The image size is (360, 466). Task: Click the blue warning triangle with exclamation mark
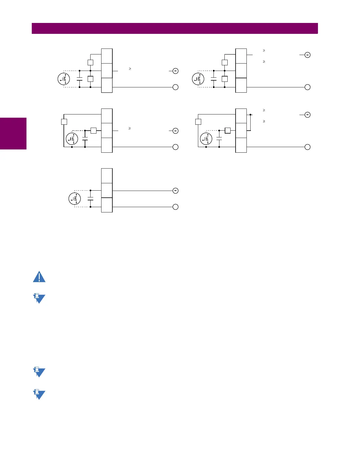point(39,277)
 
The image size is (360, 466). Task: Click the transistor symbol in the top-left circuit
point(64,79)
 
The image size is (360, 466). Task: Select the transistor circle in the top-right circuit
point(198,79)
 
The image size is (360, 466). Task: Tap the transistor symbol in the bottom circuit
point(75,199)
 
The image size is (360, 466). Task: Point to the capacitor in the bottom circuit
point(90,199)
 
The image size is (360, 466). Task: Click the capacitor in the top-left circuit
point(79,79)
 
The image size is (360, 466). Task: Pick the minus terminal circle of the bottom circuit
point(175,191)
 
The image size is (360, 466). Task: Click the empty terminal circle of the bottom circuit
point(175,207)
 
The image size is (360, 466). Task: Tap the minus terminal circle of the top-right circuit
point(307,55)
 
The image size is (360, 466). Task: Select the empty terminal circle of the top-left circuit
point(175,87)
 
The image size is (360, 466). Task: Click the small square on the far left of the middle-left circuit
point(64,122)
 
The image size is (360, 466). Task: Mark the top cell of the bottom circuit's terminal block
point(107,176)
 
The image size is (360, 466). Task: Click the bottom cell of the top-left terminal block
point(107,85)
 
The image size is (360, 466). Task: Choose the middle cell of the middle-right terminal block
point(241,130)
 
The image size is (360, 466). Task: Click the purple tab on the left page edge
point(13,134)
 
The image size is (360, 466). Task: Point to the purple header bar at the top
point(175,29)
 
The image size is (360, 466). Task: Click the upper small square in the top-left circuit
point(90,62)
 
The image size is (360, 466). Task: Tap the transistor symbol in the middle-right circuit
point(206,139)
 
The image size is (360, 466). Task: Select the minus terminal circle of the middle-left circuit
point(175,131)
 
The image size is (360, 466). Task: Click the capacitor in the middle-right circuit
point(219,138)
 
